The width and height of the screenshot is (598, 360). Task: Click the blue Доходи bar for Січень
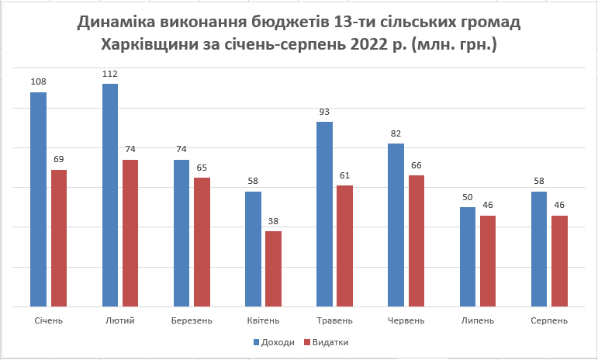tap(38, 199)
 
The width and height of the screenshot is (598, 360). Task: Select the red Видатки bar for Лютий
tap(130, 233)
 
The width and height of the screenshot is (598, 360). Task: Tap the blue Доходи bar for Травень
tap(325, 214)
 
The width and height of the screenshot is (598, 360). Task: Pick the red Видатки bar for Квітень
tap(273, 268)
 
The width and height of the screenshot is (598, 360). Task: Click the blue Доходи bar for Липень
tap(468, 257)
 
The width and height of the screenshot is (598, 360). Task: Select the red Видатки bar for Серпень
tap(560, 261)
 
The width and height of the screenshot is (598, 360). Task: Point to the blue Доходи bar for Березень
tap(181, 233)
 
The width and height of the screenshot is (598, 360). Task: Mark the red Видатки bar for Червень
tap(417, 241)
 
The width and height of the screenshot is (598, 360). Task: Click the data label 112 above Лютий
tap(110, 74)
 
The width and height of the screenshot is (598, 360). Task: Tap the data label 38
tap(273, 221)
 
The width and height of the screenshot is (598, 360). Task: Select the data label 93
tap(325, 112)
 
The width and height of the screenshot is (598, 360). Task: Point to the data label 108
tap(38, 82)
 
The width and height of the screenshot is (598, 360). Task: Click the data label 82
tap(396, 133)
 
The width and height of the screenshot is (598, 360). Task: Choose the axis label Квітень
tap(263, 320)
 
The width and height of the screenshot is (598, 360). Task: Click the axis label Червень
tap(406, 320)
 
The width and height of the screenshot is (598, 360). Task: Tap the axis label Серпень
tap(549, 320)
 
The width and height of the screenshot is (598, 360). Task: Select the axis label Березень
tap(192, 320)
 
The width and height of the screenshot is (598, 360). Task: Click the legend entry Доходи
tap(275, 341)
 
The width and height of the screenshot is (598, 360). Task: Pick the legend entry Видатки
tap(329, 341)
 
